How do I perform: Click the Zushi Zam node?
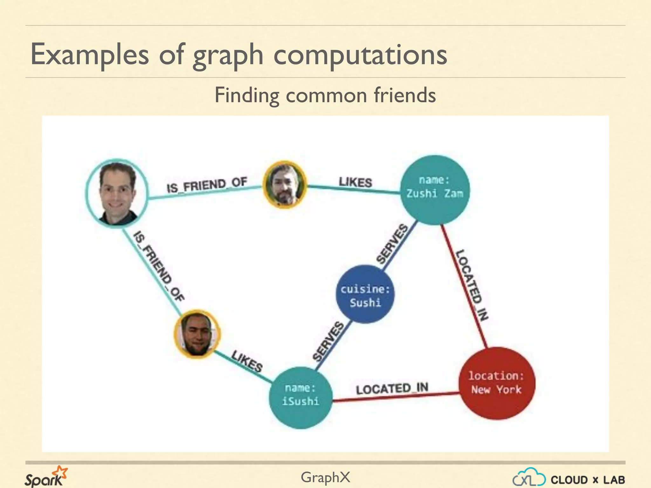tap(435, 190)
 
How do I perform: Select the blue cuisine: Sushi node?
tap(365, 294)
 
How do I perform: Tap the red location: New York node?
tap(497, 383)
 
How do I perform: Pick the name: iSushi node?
tap(300, 397)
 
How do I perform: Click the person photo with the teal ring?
tap(117, 193)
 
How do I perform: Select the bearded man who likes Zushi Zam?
tap(284, 185)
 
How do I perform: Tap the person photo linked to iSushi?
tap(197, 334)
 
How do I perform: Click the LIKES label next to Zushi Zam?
tap(355, 182)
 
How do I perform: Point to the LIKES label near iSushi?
tap(247, 361)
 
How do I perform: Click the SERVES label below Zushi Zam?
tap(392, 244)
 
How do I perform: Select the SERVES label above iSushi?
tap(328, 341)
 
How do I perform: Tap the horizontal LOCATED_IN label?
tap(392, 389)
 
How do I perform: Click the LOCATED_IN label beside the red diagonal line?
tap(472, 285)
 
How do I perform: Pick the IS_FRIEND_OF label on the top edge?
tap(207, 185)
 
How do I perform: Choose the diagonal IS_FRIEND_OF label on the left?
tap(159, 266)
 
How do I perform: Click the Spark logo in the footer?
tap(46, 477)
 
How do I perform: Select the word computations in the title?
tap(360, 55)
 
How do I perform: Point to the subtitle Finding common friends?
tap(325, 95)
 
